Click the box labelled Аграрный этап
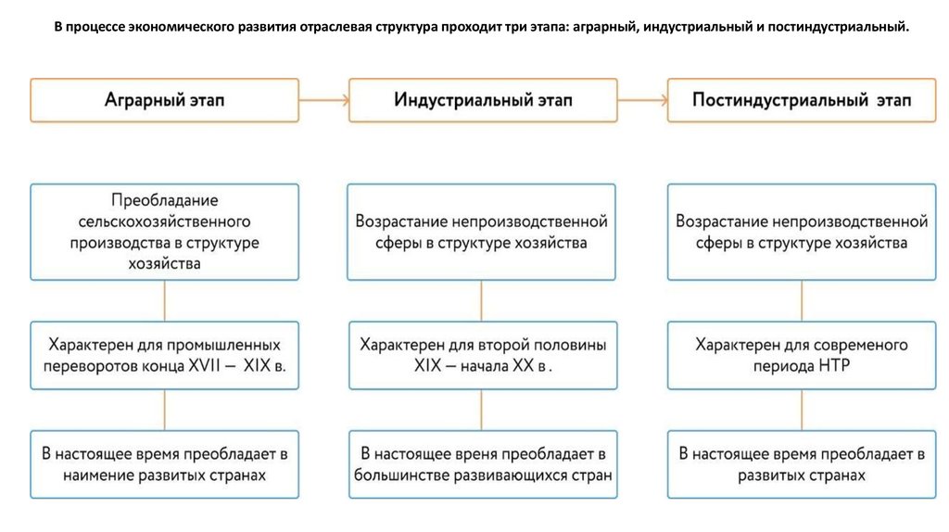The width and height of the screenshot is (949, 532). click(x=165, y=100)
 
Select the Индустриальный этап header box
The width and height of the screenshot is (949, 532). click(x=483, y=100)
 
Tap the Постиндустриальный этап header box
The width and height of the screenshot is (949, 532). click(x=802, y=100)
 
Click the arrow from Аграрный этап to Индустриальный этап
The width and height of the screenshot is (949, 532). click(x=323, y=100)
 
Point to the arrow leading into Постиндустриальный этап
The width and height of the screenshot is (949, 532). click(x=642, y=100)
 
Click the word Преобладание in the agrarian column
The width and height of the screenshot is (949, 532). click(x=165, y=200)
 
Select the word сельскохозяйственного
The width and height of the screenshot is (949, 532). click(x=165, y=222)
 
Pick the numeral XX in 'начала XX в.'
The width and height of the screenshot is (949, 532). click(x=525, y=365)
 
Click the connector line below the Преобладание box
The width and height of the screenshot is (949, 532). click(x=165, y=301)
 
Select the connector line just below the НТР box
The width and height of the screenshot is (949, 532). click(x=802, y=410)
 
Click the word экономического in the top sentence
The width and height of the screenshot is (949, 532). click(x=180, y=27)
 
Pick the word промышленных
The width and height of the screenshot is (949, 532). click(x=223, y=345)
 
